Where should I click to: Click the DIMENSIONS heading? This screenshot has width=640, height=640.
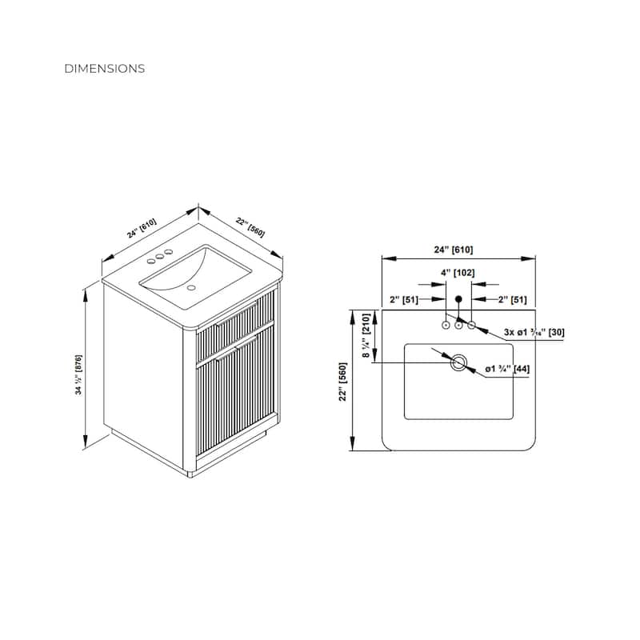point(105,69)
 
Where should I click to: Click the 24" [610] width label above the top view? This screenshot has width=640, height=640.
point(458,250)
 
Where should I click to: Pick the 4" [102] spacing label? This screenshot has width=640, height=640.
point(458,273)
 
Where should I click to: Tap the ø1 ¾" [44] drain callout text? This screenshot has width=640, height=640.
point(506,370)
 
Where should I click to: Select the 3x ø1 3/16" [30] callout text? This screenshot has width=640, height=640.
point(534,332)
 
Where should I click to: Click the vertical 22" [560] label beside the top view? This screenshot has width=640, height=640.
point(342,383)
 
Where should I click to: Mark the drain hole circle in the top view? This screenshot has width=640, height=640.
point(458,362)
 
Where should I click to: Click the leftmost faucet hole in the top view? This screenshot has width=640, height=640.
point(446,325)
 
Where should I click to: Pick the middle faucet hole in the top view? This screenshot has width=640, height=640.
point(458,325)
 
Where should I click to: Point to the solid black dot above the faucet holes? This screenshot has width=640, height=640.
point(458,299)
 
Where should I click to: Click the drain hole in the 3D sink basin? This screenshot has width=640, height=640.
point(192,286)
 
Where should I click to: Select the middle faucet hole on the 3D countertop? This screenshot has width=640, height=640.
point(159,256)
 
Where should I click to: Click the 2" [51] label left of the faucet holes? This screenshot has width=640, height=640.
point(403,299)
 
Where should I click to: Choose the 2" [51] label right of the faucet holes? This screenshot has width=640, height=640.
point(513,299)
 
